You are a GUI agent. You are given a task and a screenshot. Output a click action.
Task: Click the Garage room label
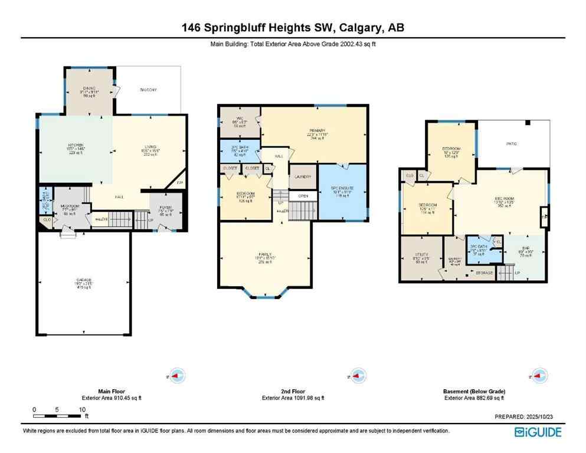tap(83, 280)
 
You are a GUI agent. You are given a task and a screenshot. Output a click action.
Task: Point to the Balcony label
tap(148, 90)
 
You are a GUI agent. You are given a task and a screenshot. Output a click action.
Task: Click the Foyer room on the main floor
tap(166, 208)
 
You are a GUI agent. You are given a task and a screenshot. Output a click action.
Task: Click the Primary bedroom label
tap(316, 132)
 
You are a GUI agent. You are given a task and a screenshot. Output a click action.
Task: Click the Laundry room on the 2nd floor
tap(302, 176)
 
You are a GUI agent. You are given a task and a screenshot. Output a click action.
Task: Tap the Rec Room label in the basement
tap(501, 200)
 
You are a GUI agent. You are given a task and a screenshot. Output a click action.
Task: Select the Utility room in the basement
tap(421, 258)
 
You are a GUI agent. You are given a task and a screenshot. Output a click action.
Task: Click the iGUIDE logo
tap(538, 432)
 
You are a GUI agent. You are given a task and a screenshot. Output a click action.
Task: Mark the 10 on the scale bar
tap(83, 409)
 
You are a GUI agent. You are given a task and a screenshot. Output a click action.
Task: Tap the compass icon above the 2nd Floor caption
tap(356, 375)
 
